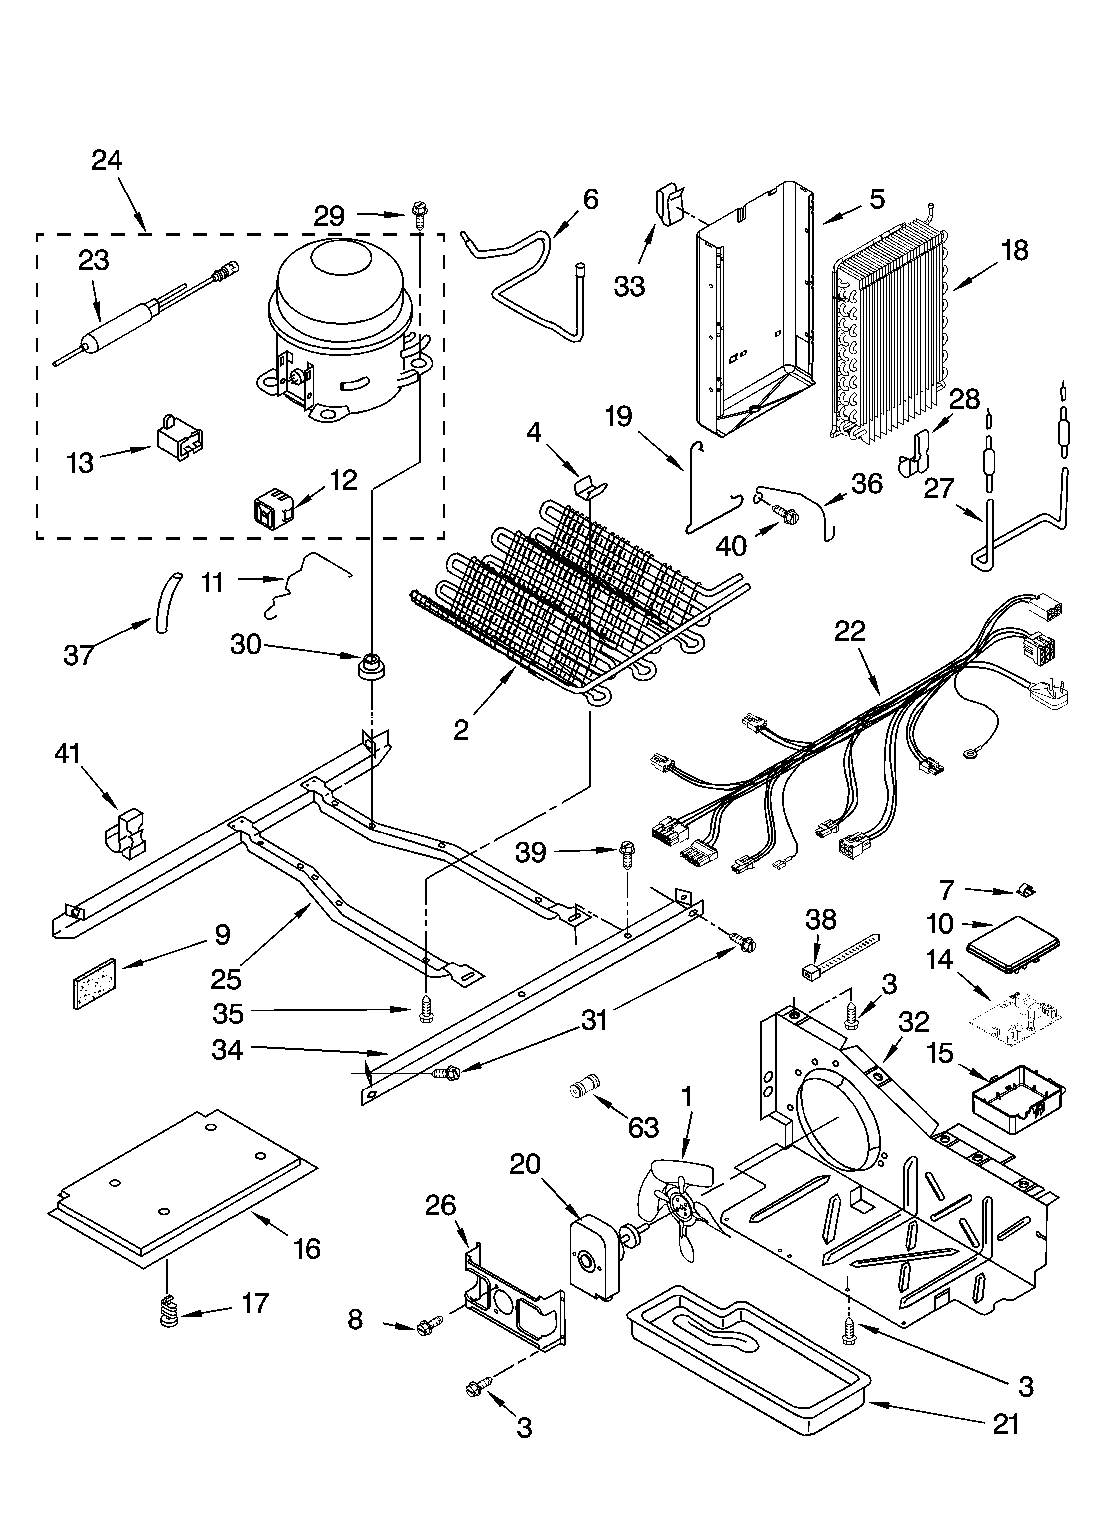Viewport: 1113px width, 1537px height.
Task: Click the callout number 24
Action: [x=107, y=161]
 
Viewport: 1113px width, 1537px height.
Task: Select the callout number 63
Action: [x=643, y=1128]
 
